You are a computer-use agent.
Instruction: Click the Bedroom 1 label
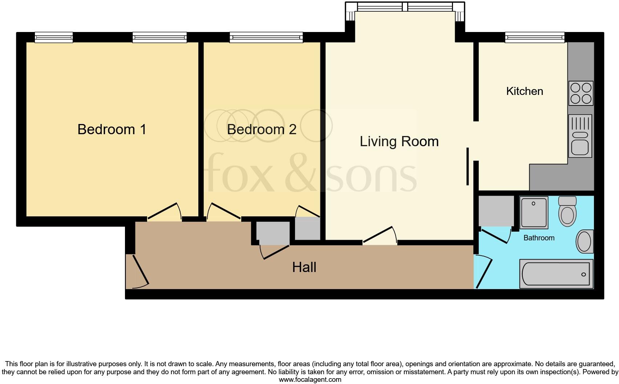(112, 129)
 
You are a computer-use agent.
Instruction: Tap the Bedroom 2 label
(262, 129)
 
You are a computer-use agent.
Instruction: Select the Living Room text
(399, 141)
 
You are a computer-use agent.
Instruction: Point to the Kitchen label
(524, 91)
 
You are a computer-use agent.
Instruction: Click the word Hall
(304, 268)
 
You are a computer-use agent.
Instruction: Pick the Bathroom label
(539, 238)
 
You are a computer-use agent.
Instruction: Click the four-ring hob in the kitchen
(580, 93)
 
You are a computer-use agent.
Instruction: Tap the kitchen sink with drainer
(580, 136)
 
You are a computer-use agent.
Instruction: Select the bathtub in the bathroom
(556, 274)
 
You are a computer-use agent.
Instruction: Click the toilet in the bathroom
(567, 212)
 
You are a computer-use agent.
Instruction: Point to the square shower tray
(534, 213)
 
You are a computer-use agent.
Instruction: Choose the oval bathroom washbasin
(584, 242)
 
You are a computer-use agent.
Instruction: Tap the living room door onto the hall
(379, 236)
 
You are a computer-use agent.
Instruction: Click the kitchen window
(534, 37)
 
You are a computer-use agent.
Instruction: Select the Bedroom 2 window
(266, 37)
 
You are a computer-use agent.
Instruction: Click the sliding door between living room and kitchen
(468, 167)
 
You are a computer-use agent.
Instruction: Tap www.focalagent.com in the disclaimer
(309, 380)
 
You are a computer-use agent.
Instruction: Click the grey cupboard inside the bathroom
(496, 211)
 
